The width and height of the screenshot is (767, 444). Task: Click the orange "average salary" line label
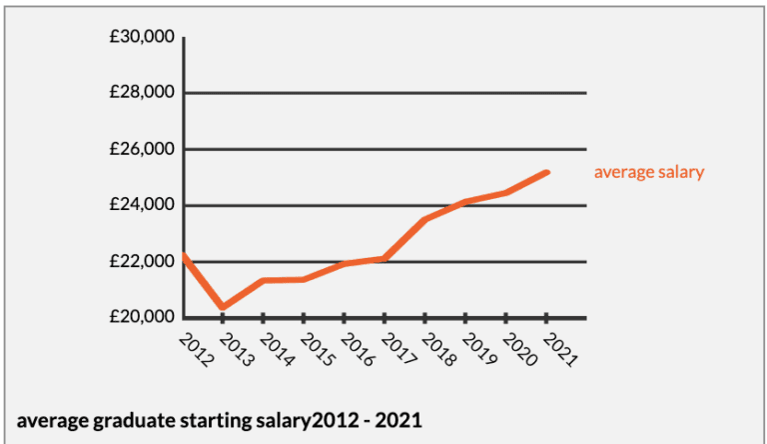[x=649, y=172]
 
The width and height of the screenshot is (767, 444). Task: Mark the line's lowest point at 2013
[x=223, y=306]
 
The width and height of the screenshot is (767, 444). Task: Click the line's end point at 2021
[x=547, y=172]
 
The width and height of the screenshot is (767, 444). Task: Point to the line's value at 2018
[x=425, y=219]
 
